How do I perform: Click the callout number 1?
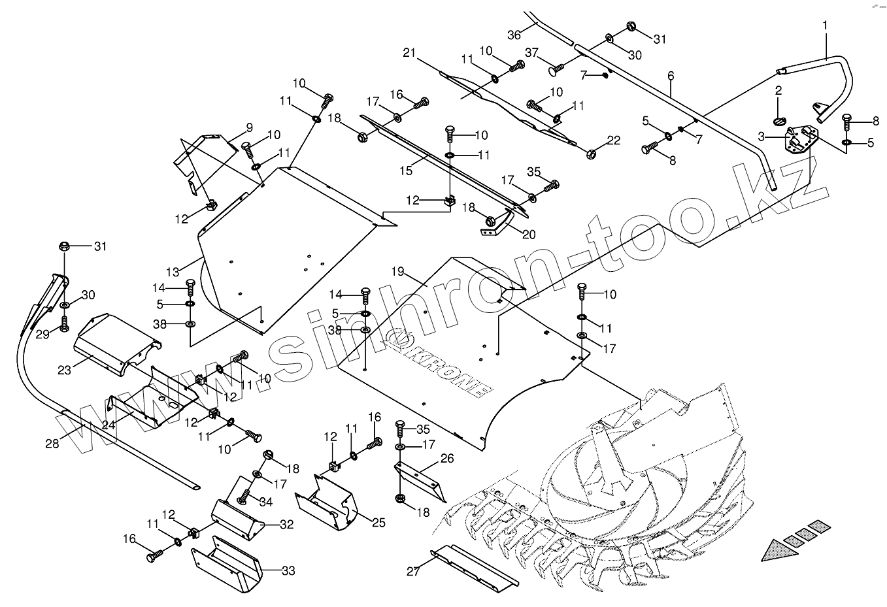point(825,25)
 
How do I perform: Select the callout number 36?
point(515,34)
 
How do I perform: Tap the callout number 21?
point(410,52)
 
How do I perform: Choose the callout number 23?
point(64,370)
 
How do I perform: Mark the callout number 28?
point(52,443)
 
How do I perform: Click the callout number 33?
point(288,571)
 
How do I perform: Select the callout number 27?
point(412,571)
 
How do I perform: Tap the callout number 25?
point(378,523)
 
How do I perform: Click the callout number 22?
point(613,140)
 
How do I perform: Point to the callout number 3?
point(761,137)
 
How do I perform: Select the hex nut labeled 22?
point(590,155)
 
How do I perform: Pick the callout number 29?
point(42,334)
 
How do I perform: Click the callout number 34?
point(266,502)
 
